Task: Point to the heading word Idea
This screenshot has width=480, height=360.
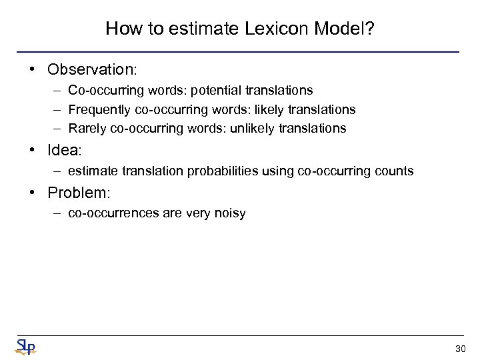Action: tap(63, 151)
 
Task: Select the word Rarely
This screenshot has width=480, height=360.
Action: tap(87, 128)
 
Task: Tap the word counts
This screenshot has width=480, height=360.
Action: tap(394, 171)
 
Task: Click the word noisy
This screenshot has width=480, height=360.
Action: tap(231, 213)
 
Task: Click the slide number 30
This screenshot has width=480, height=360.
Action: tap(460, 349)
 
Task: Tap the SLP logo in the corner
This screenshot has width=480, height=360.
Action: tap(25, 346)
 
